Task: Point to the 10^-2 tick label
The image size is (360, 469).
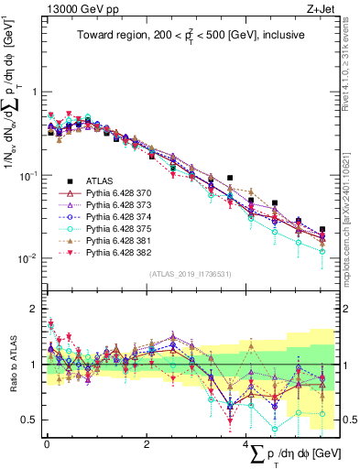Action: (27, 258)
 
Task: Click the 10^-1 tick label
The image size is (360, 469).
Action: (27, 175)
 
